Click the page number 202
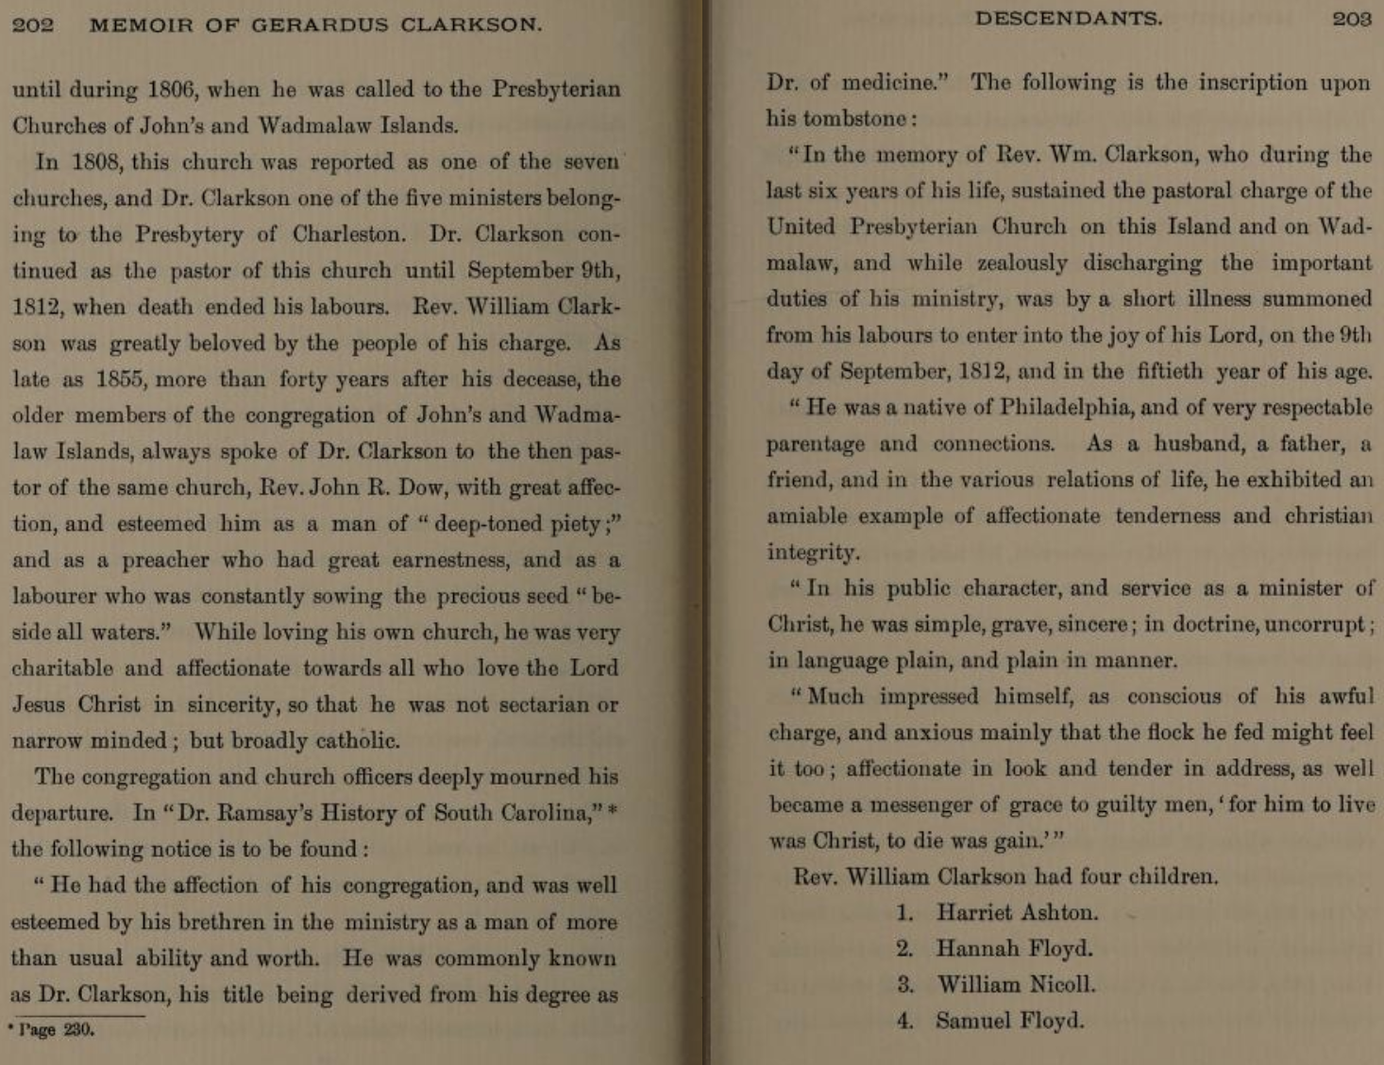tap(32, 25)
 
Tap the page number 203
tap(1351, 19)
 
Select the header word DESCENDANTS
tap(1069, 19)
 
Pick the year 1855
tap(119, 380)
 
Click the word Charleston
tap(349, 234)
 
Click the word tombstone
tap(855, 119)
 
